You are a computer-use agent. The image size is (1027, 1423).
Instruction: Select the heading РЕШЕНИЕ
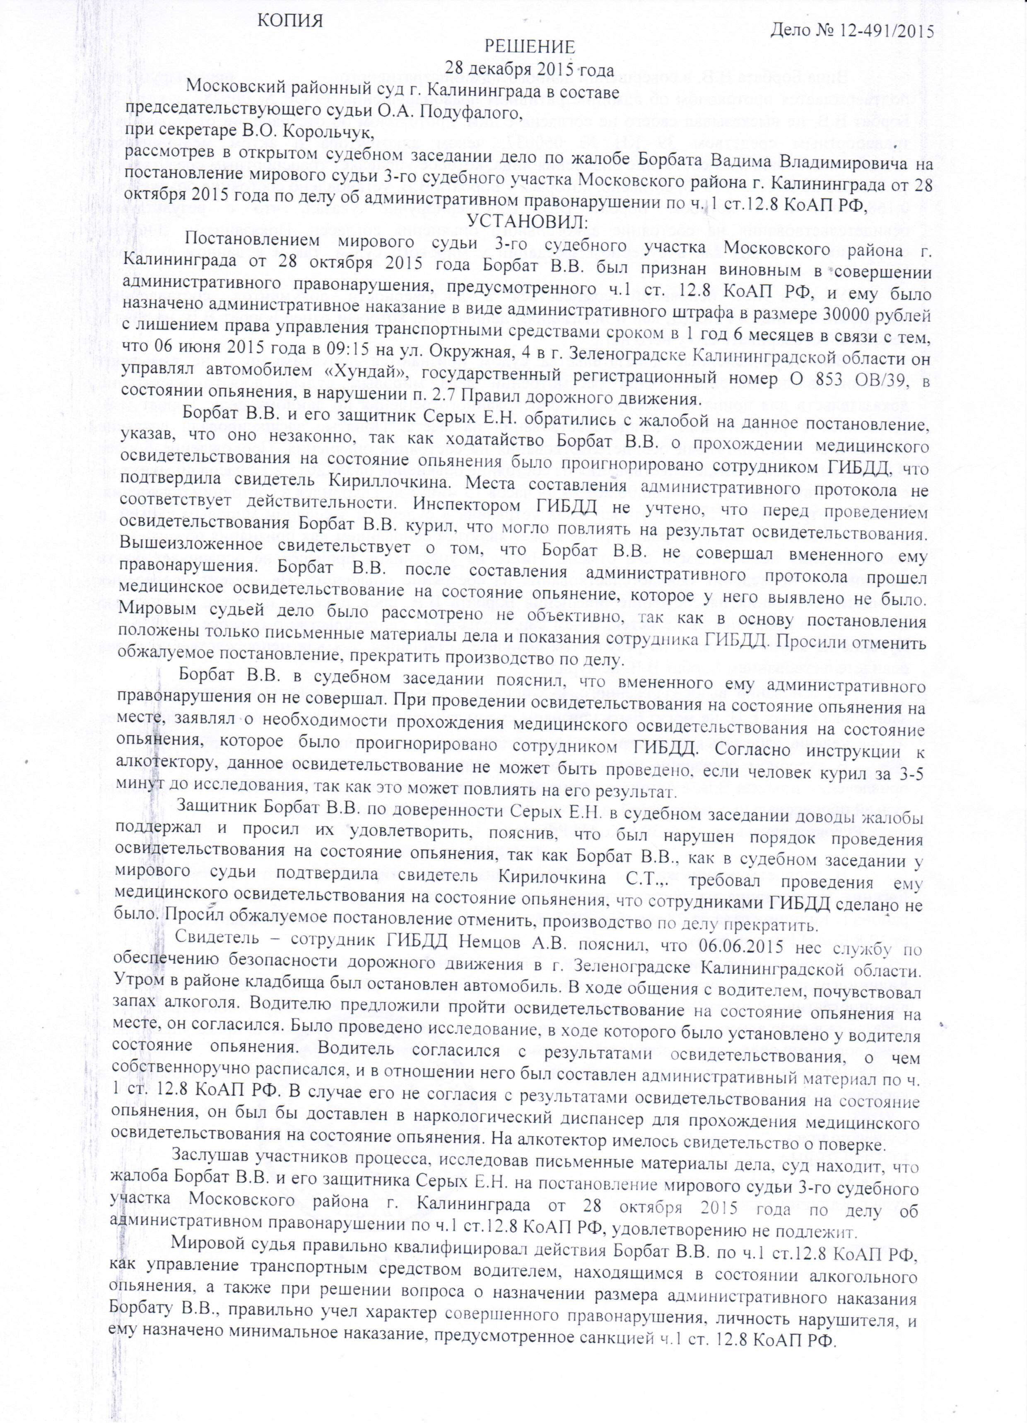click(x=528, y=47)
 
